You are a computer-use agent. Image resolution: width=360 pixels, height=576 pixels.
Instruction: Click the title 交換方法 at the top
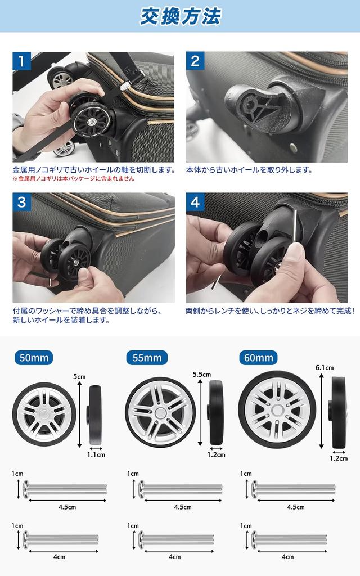180,16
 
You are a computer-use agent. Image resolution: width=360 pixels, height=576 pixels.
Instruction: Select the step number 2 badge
195,61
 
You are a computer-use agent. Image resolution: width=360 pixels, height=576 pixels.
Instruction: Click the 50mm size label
35,357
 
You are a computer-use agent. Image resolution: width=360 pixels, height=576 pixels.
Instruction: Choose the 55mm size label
147,357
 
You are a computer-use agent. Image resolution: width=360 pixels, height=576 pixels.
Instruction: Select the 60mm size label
259,357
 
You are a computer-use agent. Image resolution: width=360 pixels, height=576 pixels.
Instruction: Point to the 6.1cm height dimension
325,368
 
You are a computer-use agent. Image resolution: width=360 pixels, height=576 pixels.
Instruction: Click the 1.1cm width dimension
96,454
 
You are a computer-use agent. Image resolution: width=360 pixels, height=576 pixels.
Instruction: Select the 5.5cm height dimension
201,375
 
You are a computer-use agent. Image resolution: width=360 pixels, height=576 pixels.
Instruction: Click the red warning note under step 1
74,179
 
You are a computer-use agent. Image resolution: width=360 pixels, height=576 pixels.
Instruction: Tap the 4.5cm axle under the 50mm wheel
65,489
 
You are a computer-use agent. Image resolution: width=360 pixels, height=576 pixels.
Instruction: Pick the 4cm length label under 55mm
175,557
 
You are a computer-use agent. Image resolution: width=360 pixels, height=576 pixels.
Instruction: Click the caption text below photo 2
249,169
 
